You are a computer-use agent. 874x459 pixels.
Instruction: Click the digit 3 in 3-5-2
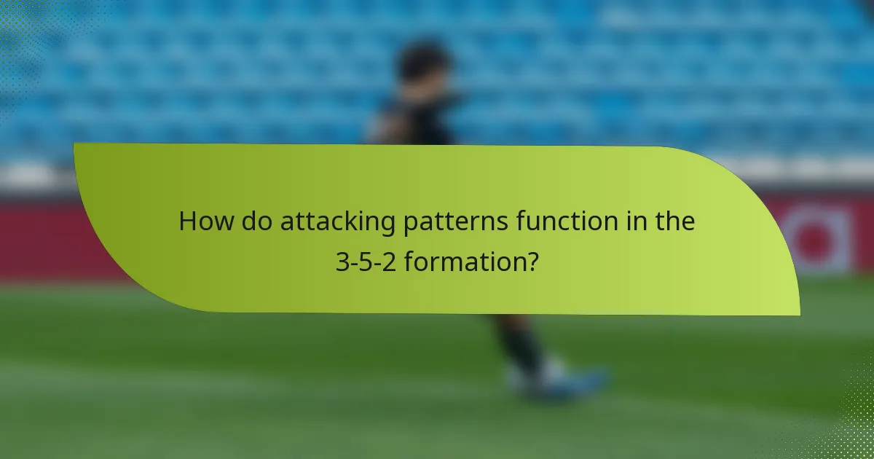coord(342,262)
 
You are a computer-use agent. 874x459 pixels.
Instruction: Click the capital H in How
coord(188,221)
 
